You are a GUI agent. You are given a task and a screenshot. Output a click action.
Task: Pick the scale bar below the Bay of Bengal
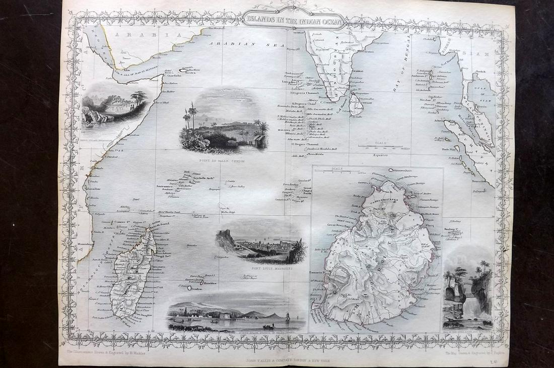(x=380, y=146)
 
